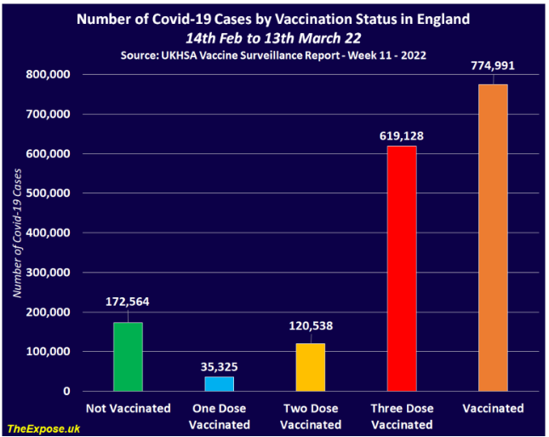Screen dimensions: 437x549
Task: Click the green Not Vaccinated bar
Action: point(128,357)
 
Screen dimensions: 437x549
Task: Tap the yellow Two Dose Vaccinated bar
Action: point(310,367)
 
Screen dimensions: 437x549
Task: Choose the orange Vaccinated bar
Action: point(493,238)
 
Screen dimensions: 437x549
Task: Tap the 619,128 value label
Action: point(402,135)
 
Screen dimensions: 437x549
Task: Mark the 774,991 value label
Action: point(493,66)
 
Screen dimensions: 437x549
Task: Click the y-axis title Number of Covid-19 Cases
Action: point(16,233)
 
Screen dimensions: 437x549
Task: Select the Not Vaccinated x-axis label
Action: point(128,409)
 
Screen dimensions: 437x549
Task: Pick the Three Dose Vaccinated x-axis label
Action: point(402,416)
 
